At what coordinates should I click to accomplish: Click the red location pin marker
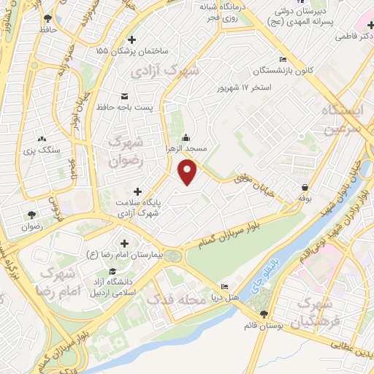[x=188, y=172]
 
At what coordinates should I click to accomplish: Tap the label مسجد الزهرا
[x=186, y=148]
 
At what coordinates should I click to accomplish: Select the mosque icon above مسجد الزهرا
[x=186, y=137]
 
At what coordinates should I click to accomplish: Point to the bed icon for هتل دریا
[x=224, y=286]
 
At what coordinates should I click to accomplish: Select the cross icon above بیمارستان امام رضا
[x=124, y=243]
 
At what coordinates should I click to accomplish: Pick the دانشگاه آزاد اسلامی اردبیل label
[x=114, y=287]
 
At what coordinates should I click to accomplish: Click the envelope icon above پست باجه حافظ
[x=124, y=96]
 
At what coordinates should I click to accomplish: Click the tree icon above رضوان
[x=31, y=215]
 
